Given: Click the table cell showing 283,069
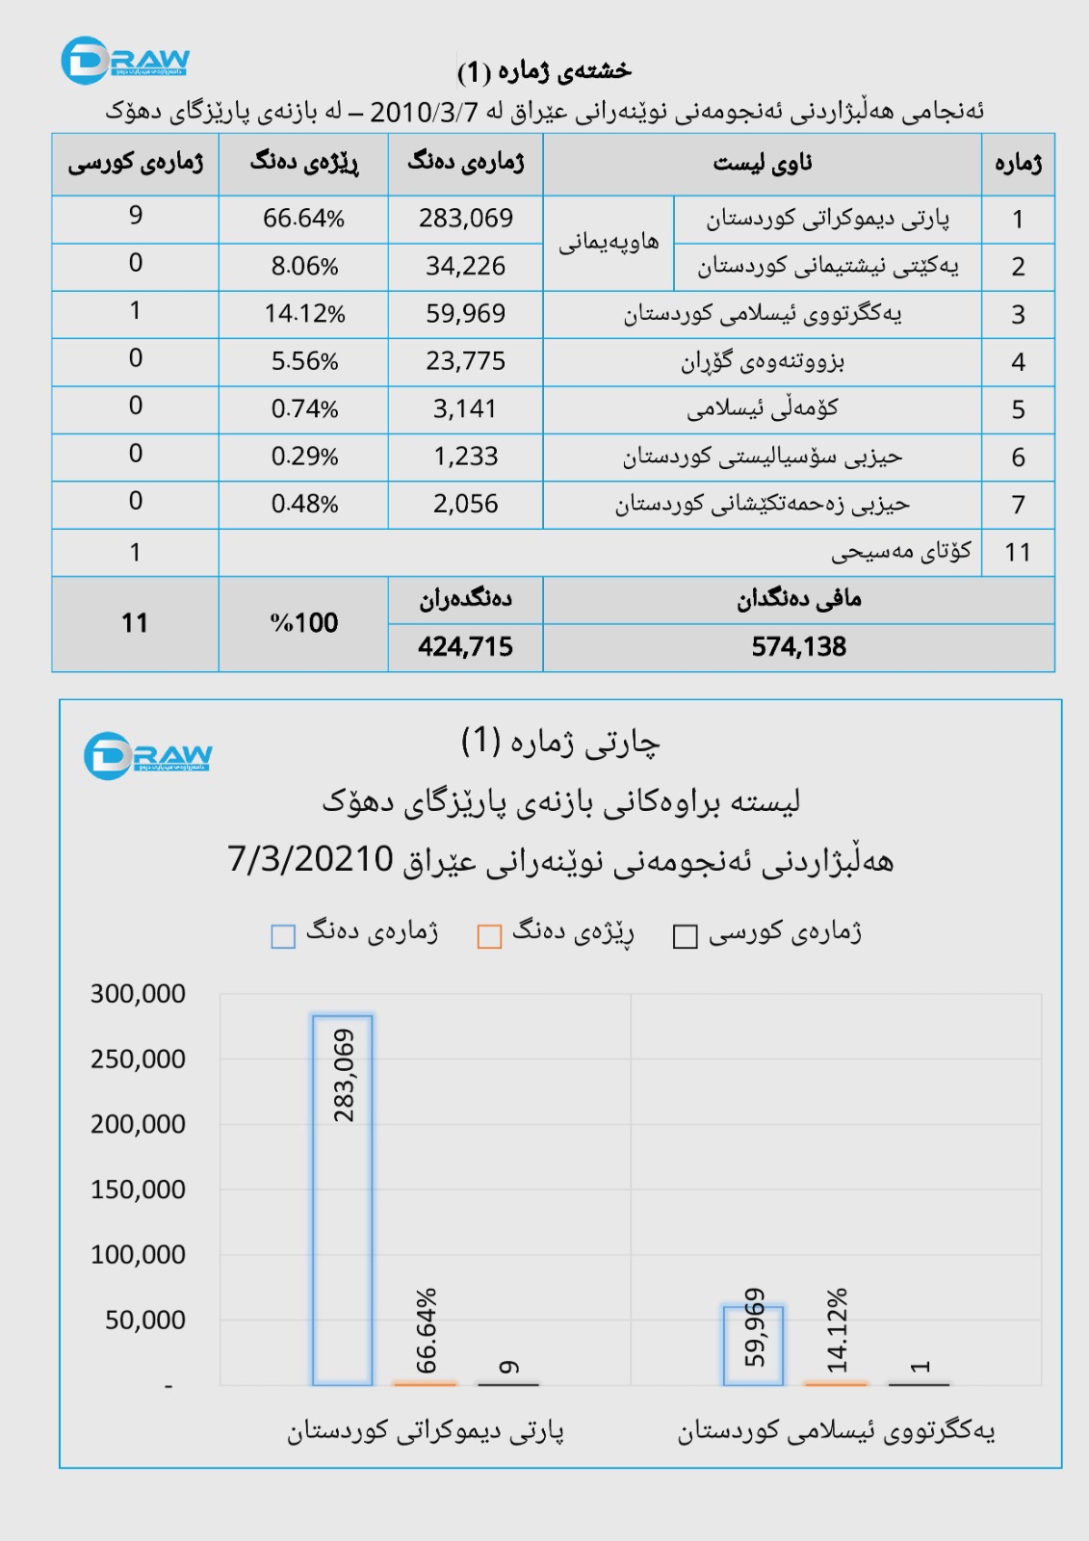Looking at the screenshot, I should (x=466, y=219).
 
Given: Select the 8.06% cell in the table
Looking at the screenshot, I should (x=304, y=267).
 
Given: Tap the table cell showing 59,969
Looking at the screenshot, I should (x=466, y=314).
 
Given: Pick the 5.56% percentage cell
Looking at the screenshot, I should (x=304, y=362).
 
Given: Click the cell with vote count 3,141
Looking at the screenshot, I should (x=466, y=409).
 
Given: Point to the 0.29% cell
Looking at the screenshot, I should (x=304, y=457).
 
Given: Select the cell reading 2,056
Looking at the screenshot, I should (x=466, y=504).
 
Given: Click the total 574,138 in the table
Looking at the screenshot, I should (x=799, y=647).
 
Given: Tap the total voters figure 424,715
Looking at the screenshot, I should (x=466, y=647).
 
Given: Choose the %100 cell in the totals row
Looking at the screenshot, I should (x=304, y=623).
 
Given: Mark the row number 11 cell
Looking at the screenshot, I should (x=1018, y=553).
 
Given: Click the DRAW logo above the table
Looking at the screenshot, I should (x=125, y=61).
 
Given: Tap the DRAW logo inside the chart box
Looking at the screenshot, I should (x=147, y=756).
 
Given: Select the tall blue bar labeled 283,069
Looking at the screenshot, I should (x=343, y=1199).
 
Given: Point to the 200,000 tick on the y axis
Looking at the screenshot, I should (x=138, y=1124).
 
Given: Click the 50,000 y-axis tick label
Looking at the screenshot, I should (x=145, y=1319).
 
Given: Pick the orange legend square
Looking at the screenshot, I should (x=490, y=936).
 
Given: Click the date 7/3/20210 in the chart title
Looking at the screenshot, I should (x=311, y=859).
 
